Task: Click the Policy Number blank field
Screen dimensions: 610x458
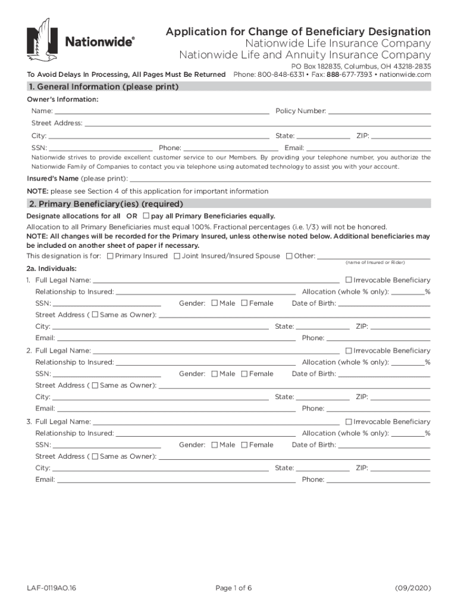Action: [379, 111]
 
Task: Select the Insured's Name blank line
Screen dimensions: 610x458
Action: [280, 179]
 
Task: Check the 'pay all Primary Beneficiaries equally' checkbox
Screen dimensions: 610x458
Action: [146, 216]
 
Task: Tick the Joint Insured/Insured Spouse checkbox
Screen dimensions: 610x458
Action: [177, 256]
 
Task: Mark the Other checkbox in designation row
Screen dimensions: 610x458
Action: [288, 256]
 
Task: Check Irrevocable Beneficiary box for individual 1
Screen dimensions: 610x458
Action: [349, 280]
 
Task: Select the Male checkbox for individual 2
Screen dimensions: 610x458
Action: [214, 374]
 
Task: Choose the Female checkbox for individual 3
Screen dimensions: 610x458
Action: [244, 445]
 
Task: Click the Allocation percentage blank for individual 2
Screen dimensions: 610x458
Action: [407, 362]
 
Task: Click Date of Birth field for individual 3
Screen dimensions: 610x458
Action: [384, 445]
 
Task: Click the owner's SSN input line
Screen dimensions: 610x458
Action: [101, 148]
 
